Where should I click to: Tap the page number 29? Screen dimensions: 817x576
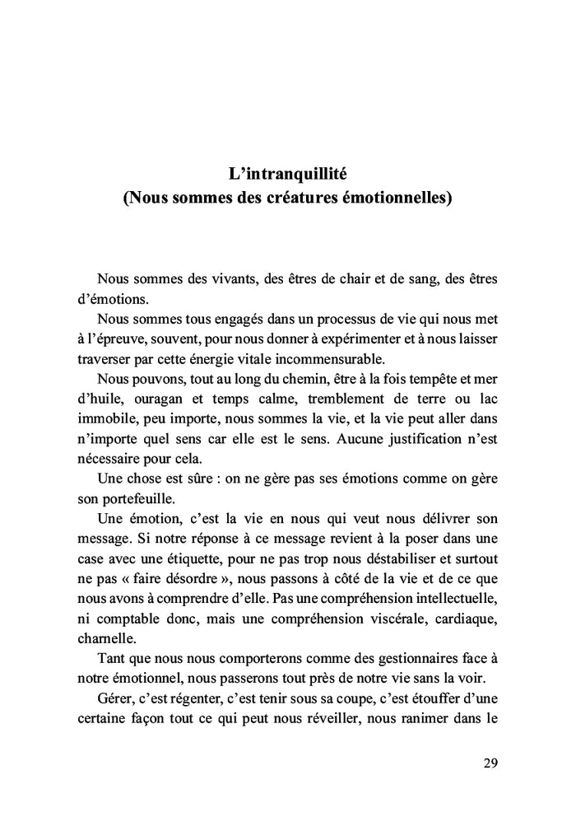(490, 762)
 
